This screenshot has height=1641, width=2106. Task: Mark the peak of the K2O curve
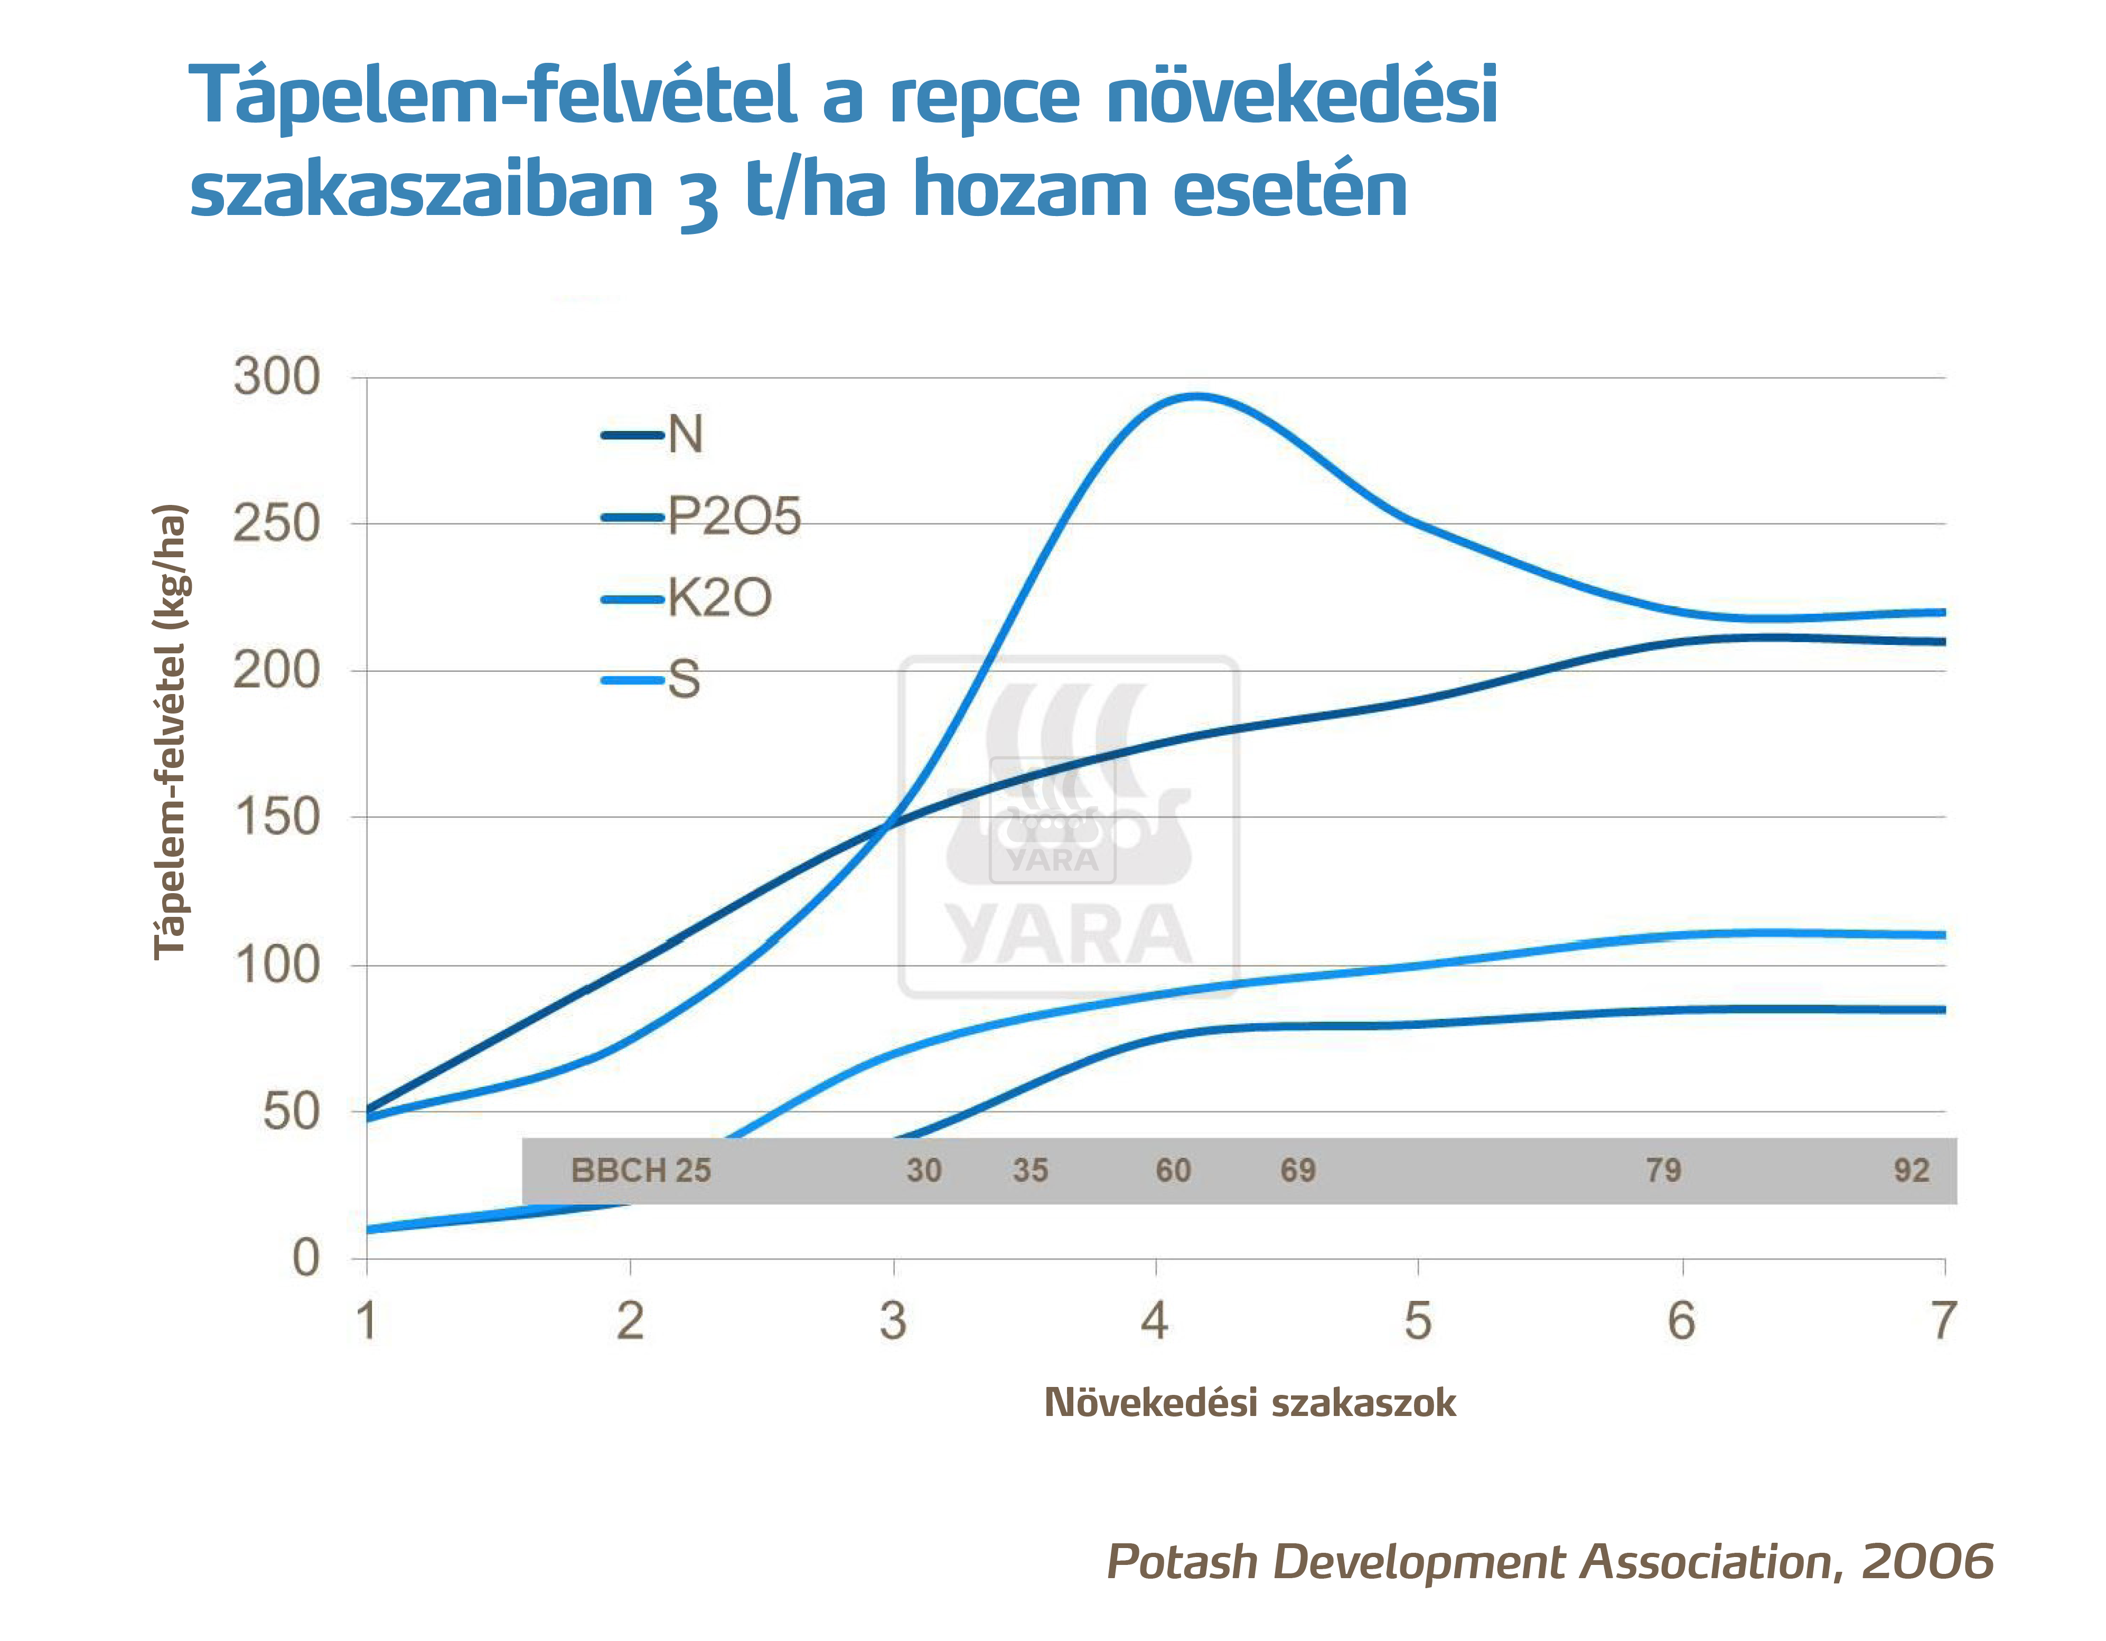[x=1196, y=395]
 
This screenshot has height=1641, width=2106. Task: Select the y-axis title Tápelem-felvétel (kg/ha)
[x=170, y=731]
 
